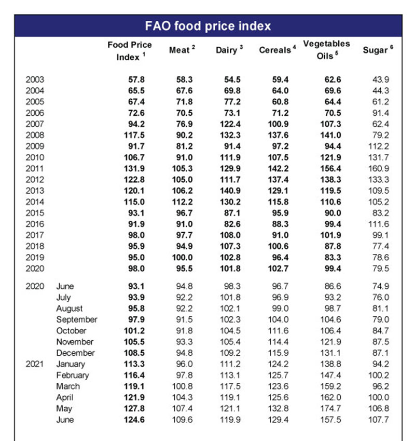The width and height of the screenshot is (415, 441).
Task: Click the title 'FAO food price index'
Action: [x=208, y=26]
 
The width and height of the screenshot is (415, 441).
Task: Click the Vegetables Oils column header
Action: [x=326, y=50]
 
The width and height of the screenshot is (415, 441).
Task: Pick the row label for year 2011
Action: [x=35, y=168]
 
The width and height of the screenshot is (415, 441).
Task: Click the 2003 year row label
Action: [x=35, y=79]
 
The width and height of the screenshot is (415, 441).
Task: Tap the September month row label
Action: [x=76, y=319]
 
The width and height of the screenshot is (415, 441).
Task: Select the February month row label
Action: [x=73, y=375]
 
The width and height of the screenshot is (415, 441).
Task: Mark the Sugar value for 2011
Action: [x=378, y=168]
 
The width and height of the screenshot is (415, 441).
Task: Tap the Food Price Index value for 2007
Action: [x=136, y=124]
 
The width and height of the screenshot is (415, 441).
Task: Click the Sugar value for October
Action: [x=380, y=330]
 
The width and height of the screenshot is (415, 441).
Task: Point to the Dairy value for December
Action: [x=230, y=353]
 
